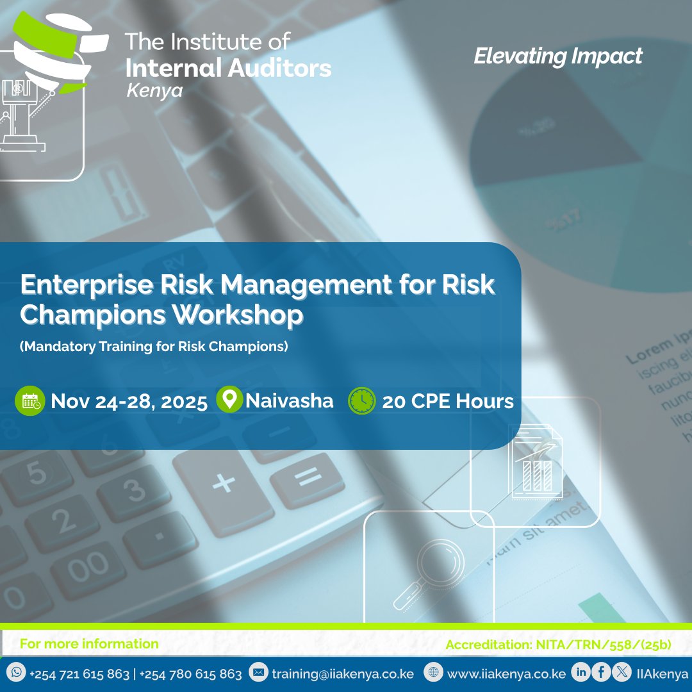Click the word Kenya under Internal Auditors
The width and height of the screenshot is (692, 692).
coord(154,90)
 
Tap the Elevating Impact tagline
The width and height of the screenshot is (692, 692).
coord(557,56)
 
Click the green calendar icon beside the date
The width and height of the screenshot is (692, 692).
coord(30,401)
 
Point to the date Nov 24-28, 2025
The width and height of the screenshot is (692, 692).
coord(129,402)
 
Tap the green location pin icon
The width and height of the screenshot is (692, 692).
coord(229,400)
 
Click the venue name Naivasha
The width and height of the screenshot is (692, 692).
coord(290,401)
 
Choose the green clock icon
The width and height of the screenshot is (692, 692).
coord(362,401)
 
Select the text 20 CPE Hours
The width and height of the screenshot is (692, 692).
coord(448,402)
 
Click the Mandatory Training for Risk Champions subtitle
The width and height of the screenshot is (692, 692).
coord(154,347)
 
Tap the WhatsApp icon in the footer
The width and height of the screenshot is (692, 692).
coord(17,673)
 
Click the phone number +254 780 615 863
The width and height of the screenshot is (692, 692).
coord(190,674)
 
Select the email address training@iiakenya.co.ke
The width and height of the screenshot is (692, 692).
coord(343,674)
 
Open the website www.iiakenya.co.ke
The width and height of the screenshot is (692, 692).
coord(506,674)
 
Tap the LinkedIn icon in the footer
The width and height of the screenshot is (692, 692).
coord(582,673)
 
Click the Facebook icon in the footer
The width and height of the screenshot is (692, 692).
coord(601,673)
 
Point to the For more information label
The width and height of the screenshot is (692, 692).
coord(89,644)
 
